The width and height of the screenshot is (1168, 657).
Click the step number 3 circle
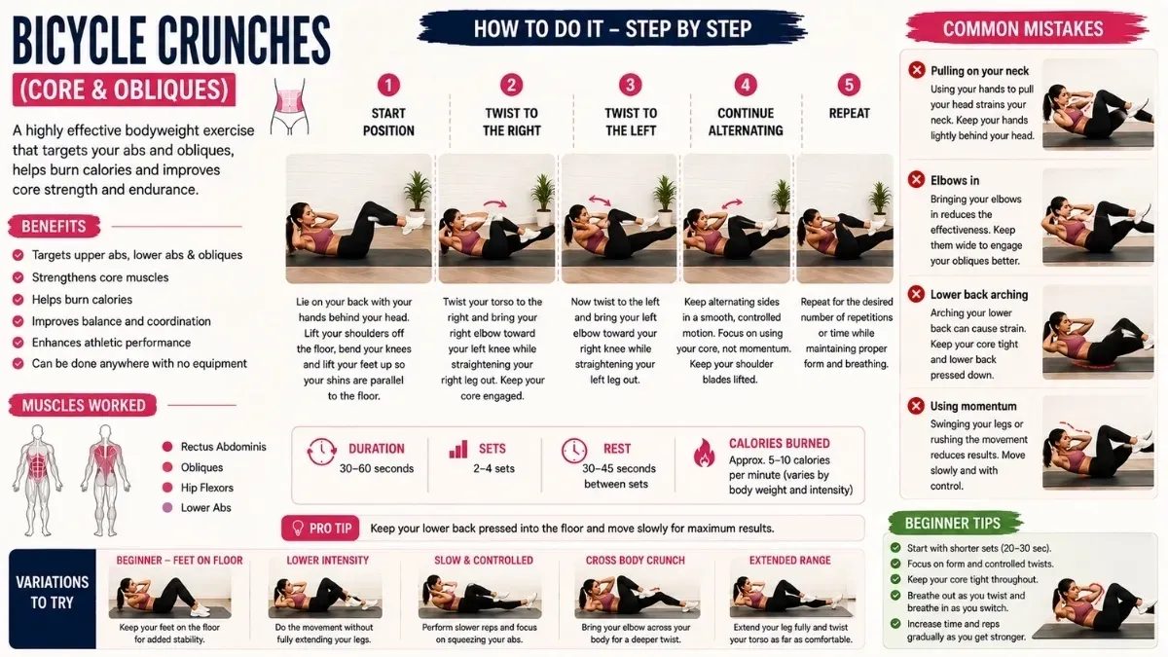630,85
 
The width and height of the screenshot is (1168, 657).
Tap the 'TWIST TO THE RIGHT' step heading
512,122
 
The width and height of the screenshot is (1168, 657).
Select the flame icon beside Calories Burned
705,453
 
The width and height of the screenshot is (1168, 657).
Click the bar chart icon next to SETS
458,449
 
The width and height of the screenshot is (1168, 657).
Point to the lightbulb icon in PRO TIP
297,528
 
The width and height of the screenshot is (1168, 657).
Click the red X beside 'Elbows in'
916,179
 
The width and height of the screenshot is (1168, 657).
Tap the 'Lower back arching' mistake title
979,295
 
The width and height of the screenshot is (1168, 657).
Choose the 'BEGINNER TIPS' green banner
954,523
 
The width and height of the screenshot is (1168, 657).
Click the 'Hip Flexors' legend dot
167,488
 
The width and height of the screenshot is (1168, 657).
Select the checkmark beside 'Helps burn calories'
18,300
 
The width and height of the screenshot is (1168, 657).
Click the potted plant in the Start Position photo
418,194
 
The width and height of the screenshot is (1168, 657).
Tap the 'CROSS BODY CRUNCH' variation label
635,560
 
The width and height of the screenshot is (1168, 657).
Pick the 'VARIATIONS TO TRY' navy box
53,598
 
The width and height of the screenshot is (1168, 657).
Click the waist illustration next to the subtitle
290,107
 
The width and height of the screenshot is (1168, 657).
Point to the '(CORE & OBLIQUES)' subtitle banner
125,90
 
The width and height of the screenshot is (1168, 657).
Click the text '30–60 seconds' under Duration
377,468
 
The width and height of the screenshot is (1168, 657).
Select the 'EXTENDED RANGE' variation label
790,560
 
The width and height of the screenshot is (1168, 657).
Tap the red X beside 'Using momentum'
916,405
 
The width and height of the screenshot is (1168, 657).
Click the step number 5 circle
849,85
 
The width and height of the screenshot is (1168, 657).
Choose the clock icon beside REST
574,450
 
